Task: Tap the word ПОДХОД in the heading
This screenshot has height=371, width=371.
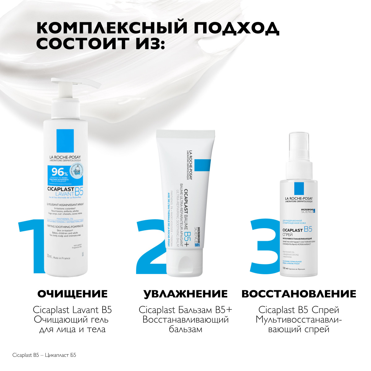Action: pos(237,28)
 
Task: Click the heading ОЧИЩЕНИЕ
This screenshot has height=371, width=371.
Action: pos(73,294)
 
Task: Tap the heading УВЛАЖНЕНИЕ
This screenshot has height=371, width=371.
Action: pos(185,294)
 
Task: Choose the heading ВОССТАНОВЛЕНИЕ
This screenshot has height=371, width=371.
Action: pos(299,294)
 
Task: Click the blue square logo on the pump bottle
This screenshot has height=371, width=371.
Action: pos(65,141)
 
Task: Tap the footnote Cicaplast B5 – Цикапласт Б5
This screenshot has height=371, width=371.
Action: pos(44,355)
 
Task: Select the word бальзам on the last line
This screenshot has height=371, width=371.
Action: pos(185,329)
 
